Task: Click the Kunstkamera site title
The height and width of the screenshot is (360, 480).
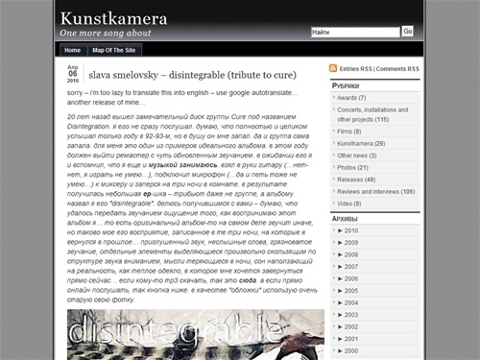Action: (x=113, y=18)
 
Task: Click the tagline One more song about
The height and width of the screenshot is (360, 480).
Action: (x=106, y=34)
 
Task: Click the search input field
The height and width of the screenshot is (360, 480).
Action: (x=354, y=32)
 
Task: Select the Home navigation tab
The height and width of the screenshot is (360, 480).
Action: (x=72, y=49)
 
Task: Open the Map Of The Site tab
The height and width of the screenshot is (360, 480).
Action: (x=114, y=49)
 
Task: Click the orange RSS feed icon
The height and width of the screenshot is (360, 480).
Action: (x=333, y=69)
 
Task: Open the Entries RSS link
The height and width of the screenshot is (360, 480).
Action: (x=356, y=69)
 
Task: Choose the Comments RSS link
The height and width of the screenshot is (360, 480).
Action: (x=397, y=69)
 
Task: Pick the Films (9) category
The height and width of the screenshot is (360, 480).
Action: (x=349, y=132)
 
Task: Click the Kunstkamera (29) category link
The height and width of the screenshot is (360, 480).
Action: (x=361, y=143)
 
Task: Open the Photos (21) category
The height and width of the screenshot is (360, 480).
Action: (x=352, y=166)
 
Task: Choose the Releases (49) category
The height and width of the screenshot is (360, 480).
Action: (x=356, y=179)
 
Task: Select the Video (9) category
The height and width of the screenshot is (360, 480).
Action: (x=350, y=203)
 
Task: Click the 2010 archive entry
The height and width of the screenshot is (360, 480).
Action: (x=351, y=230)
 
